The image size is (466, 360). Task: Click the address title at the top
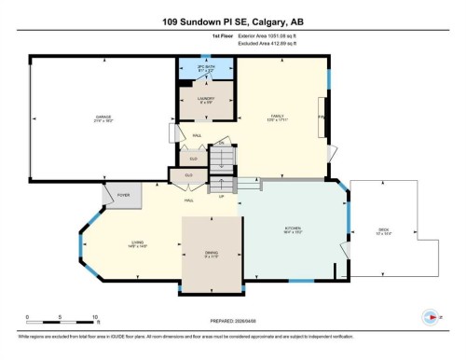tap(232, 21)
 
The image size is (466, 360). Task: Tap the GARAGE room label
tap(103, 118)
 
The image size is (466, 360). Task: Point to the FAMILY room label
tap(277, 118)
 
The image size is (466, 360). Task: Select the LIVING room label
tap(138, 244)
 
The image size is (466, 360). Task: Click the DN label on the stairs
tap(221, 143)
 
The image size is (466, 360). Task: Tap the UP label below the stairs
tap(221, 197)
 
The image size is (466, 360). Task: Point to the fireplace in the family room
tap(322, 118)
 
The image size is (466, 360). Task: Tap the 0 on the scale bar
tap(27, 318)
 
